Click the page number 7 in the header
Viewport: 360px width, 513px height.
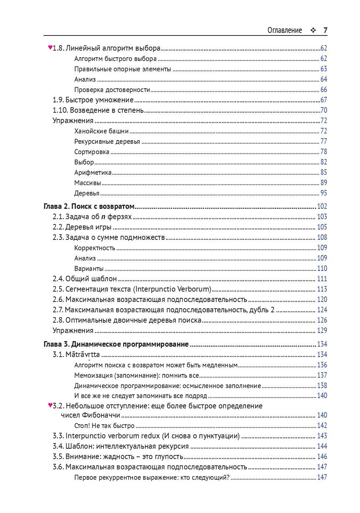(325, 30)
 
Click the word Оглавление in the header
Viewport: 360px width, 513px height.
(285, 30)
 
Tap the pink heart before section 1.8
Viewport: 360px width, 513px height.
(50, 47)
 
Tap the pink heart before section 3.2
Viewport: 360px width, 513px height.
(50, 405)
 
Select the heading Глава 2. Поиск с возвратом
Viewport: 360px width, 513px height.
(89, 206)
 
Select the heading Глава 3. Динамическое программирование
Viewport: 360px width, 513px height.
(116, 344)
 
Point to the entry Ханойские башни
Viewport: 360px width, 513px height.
(101, 131)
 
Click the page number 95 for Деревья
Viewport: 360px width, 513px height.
(323, 193)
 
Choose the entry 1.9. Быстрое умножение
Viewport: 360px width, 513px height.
(93, 100)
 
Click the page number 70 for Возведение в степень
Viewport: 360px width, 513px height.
(323, 110)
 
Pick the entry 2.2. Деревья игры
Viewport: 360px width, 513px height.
(82, 227)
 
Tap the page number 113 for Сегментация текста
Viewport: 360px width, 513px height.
(322, 289)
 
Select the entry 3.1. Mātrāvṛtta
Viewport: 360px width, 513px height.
(76, 354)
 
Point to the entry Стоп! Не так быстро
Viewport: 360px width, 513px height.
(104, 425)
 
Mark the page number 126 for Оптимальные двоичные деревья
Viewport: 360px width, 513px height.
(322, 320)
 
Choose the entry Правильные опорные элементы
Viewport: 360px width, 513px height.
(123, 69)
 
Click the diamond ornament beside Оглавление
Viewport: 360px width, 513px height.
(313, 31)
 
